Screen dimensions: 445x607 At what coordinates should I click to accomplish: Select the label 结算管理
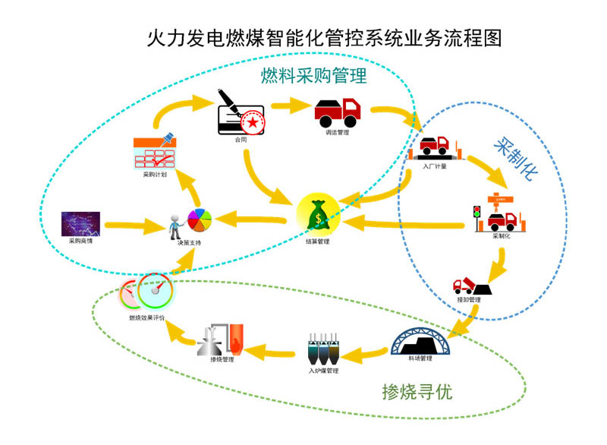click(318, 242)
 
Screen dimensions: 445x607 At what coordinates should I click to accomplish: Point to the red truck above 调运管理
click(337, 112)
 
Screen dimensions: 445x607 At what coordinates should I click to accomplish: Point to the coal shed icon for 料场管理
click(422, 339)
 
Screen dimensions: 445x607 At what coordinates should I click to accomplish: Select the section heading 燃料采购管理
click(313, 76)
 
